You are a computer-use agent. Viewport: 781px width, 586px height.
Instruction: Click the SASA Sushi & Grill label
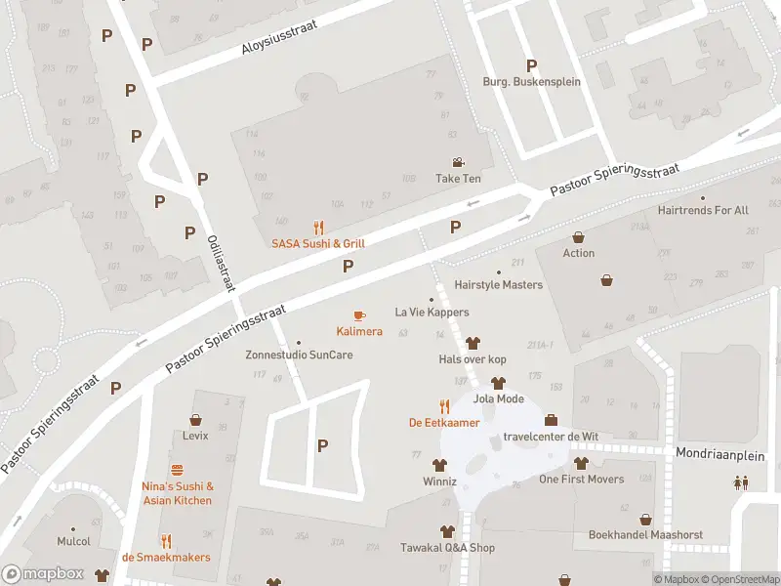click(x=318, y=243)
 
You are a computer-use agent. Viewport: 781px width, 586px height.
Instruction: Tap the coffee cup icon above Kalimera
click(x=359, y=315)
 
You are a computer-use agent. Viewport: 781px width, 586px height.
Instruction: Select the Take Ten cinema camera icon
click(x=458, y=163)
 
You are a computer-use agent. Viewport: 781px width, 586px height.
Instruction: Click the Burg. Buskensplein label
click(x=531, y=82)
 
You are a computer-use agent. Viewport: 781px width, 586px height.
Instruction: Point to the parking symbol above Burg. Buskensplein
click(x=531, y=65)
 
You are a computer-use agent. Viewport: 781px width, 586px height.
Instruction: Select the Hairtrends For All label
click(x=703, y=210)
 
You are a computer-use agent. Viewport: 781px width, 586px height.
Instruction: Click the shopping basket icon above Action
click(x=579, y=237)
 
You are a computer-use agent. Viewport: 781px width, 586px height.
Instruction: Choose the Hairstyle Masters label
click(x=498, y=285)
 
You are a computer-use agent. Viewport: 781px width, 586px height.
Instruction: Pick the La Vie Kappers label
click(x=432, y=313)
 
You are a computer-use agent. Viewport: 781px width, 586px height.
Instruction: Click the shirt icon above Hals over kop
click(x=473, y=343)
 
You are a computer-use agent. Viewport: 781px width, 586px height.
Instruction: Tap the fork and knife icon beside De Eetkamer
click(x=444, y=406)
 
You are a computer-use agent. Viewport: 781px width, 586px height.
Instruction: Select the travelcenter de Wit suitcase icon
click(x=551, y=420)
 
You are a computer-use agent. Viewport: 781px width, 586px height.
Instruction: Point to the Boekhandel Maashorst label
click(x=644, y=534)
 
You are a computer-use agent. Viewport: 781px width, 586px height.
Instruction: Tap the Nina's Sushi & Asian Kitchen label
click(x=178, y=493)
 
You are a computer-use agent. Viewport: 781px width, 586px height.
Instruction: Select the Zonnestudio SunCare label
click(x=299, y=355)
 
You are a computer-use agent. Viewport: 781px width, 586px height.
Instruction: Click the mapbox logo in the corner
click(x=44, y=574)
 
